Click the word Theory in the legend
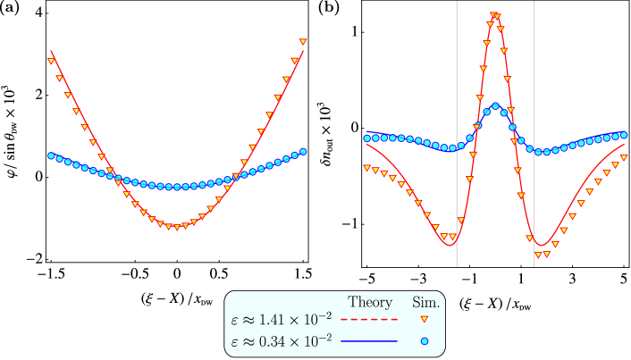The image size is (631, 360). pos(370,303)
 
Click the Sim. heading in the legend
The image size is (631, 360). pos(425,303)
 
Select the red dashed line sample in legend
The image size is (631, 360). pos(369,319)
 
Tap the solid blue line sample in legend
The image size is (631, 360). pos(369,340)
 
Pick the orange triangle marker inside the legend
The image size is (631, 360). pos(425,319)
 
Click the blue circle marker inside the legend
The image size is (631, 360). pos(425,340)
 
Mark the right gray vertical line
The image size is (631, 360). pos(534,134)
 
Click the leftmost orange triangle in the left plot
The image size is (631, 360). pos(51,61)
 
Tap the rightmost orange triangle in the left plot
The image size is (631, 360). pos(303,42)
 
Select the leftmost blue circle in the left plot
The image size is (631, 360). pos(51,155)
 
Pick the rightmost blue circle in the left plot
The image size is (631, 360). pos(304,151)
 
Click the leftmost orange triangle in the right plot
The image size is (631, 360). pos(366,167)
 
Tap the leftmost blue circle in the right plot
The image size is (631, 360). pos(366,138)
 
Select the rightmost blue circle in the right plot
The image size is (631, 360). pos(623,135)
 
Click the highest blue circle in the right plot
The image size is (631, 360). pos(496,106)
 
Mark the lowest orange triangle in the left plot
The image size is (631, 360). pos(177,227)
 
